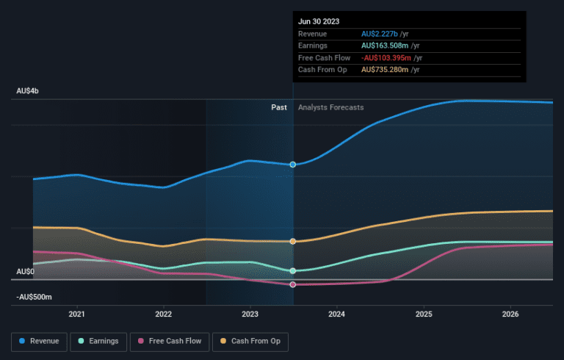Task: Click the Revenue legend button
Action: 39,342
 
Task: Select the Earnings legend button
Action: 98,342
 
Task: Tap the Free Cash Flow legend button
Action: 170,342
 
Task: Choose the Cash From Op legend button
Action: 250,342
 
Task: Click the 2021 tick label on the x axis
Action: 76,314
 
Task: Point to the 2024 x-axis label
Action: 336,314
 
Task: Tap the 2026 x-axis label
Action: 510,314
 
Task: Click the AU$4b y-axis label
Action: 27,91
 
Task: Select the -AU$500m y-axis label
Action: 34,297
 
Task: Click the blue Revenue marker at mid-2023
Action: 293,165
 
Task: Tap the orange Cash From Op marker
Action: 293,241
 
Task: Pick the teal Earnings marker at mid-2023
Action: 293,270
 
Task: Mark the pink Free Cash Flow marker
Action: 293,284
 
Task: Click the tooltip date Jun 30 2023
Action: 319,21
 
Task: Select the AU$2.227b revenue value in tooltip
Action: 380,34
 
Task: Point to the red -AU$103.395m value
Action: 386,58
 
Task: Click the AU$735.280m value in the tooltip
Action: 385,70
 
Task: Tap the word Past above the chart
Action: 279,107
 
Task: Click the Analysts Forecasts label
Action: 331,107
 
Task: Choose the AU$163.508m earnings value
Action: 385,46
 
